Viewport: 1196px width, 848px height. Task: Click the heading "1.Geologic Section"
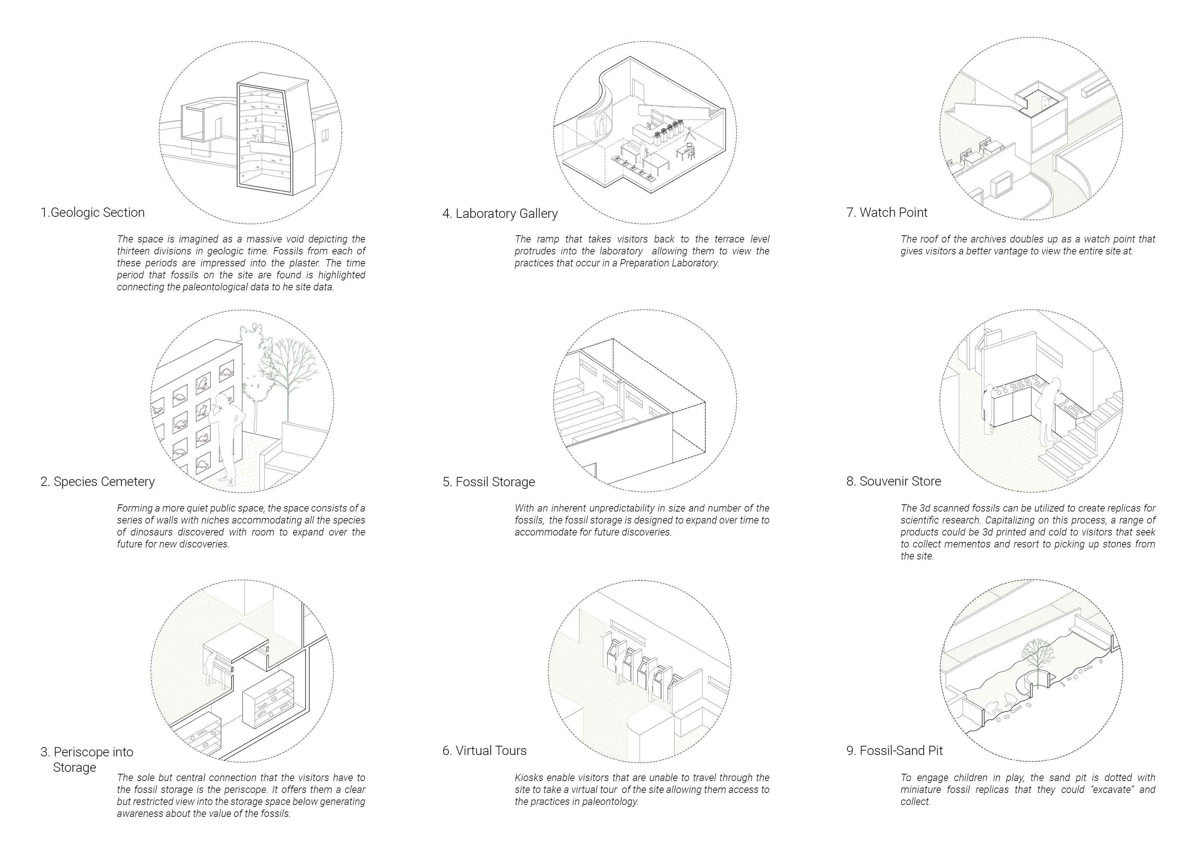click(92, 213)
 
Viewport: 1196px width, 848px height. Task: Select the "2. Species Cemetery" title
click(97, 481)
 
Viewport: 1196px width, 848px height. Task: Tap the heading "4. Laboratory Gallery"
click(500, 214)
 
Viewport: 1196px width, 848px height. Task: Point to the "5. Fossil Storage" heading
click(489, 482)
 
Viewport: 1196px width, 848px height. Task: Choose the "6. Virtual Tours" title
click(485, 751)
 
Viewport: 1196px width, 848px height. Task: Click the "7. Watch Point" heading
click(887, 213)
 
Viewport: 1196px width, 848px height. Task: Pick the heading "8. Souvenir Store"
click(894, 481)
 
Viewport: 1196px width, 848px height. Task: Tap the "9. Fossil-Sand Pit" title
click(895, 751)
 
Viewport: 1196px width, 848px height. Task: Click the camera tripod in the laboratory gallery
click(690, 137)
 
